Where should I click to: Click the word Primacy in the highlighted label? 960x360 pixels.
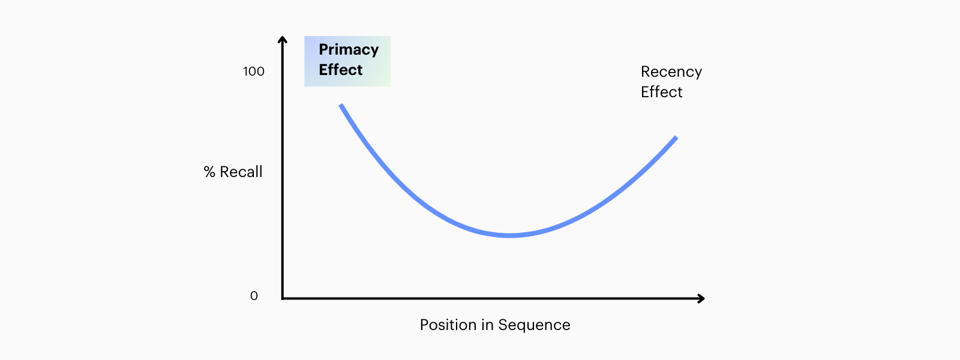point(349,50)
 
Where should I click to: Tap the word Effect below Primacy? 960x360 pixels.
point(341,70)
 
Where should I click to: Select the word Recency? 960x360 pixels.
point(671,73)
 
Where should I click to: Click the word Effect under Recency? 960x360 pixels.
point(661,92)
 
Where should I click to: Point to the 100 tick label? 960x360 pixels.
point(254,71)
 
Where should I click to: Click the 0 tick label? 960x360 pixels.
point(254,296)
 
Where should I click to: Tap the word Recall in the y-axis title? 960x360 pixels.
point(241,172)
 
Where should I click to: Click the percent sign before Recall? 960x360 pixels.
point(209,172)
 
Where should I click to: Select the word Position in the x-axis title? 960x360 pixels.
point(448,325)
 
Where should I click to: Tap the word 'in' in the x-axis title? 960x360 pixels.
point(487,325)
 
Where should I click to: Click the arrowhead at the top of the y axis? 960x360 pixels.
point(283,39)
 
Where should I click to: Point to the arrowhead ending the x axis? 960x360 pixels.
point(701,298)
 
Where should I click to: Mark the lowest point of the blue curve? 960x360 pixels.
point(510,235)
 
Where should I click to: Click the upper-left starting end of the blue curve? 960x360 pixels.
point(341,105)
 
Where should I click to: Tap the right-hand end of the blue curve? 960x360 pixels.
point(676,137)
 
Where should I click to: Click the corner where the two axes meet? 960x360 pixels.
point(283,298)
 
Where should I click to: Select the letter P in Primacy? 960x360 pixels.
point(323,49)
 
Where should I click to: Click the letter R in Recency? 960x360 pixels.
point(646,71)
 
